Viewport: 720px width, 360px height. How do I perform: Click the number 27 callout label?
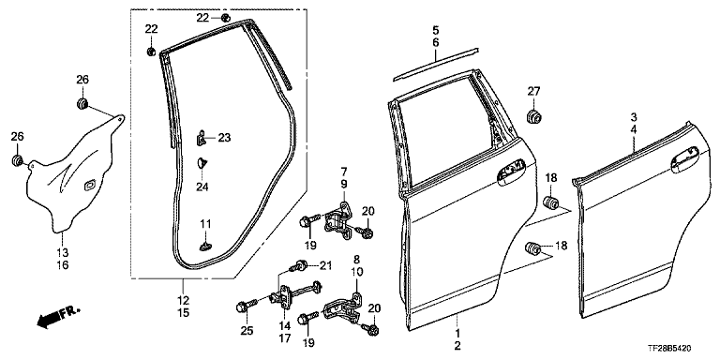[533, 91]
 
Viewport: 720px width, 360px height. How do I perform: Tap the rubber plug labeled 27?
[533, 116]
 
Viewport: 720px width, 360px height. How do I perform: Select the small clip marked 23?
[202, 138]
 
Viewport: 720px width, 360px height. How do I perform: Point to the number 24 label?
[202, 187]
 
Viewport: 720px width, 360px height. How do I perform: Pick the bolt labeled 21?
[300, 265]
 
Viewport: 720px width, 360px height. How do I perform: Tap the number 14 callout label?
[284, 326]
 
